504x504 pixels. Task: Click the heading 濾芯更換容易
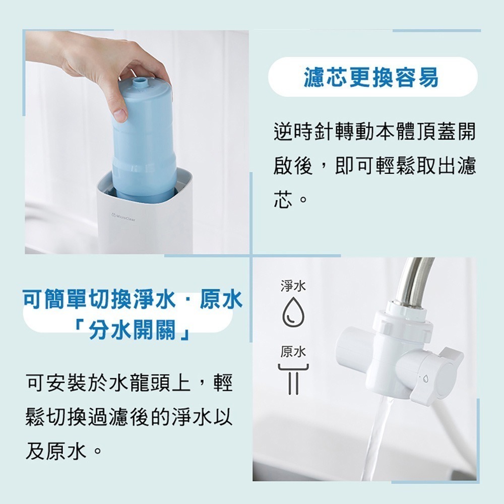tap(371, 78)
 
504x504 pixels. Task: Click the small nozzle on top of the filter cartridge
tap(140, 82)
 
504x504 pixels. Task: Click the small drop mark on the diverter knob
tap(422, 377)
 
